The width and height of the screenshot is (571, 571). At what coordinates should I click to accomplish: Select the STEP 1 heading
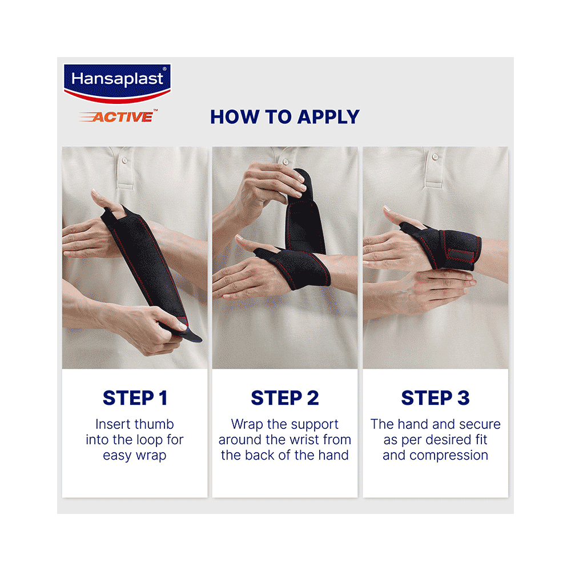coord(135,398)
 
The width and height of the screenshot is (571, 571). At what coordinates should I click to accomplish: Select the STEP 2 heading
coord(285,398)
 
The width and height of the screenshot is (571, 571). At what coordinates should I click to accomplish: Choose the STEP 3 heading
coord(435,398)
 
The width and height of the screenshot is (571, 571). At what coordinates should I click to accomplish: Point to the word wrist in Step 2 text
coord(303,440)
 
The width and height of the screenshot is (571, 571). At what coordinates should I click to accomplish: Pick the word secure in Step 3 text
coord(482,425)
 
